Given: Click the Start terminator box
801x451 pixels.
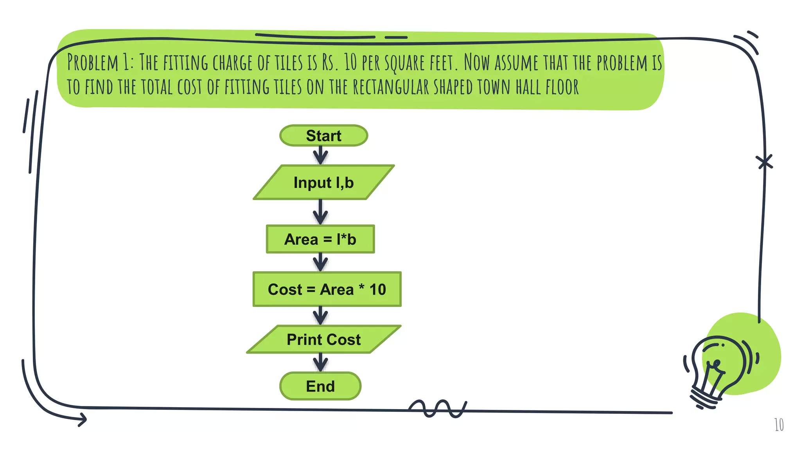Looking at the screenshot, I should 323,135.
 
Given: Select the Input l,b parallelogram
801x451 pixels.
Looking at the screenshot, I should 323,182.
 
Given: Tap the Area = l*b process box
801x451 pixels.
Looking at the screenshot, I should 320,239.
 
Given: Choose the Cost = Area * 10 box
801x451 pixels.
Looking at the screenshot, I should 327,289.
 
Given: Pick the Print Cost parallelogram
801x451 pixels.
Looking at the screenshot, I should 323,339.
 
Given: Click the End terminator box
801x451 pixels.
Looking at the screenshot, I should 320,386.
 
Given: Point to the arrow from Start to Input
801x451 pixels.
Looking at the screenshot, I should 320,155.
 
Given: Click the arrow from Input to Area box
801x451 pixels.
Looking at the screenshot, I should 320,212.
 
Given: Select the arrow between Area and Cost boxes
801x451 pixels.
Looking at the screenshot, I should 320,262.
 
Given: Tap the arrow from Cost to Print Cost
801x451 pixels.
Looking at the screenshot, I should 320,316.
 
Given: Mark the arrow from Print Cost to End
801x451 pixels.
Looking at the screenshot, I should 320,362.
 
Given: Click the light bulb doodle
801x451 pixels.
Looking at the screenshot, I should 718,370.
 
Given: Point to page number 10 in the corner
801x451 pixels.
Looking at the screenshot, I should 779,425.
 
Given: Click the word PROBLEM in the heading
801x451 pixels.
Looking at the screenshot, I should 93,63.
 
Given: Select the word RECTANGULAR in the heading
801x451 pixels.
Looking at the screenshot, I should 391,87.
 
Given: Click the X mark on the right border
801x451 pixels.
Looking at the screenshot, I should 764,162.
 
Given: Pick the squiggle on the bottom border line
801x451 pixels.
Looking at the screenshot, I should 437,409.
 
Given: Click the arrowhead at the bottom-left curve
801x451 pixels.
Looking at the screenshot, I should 82,420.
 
